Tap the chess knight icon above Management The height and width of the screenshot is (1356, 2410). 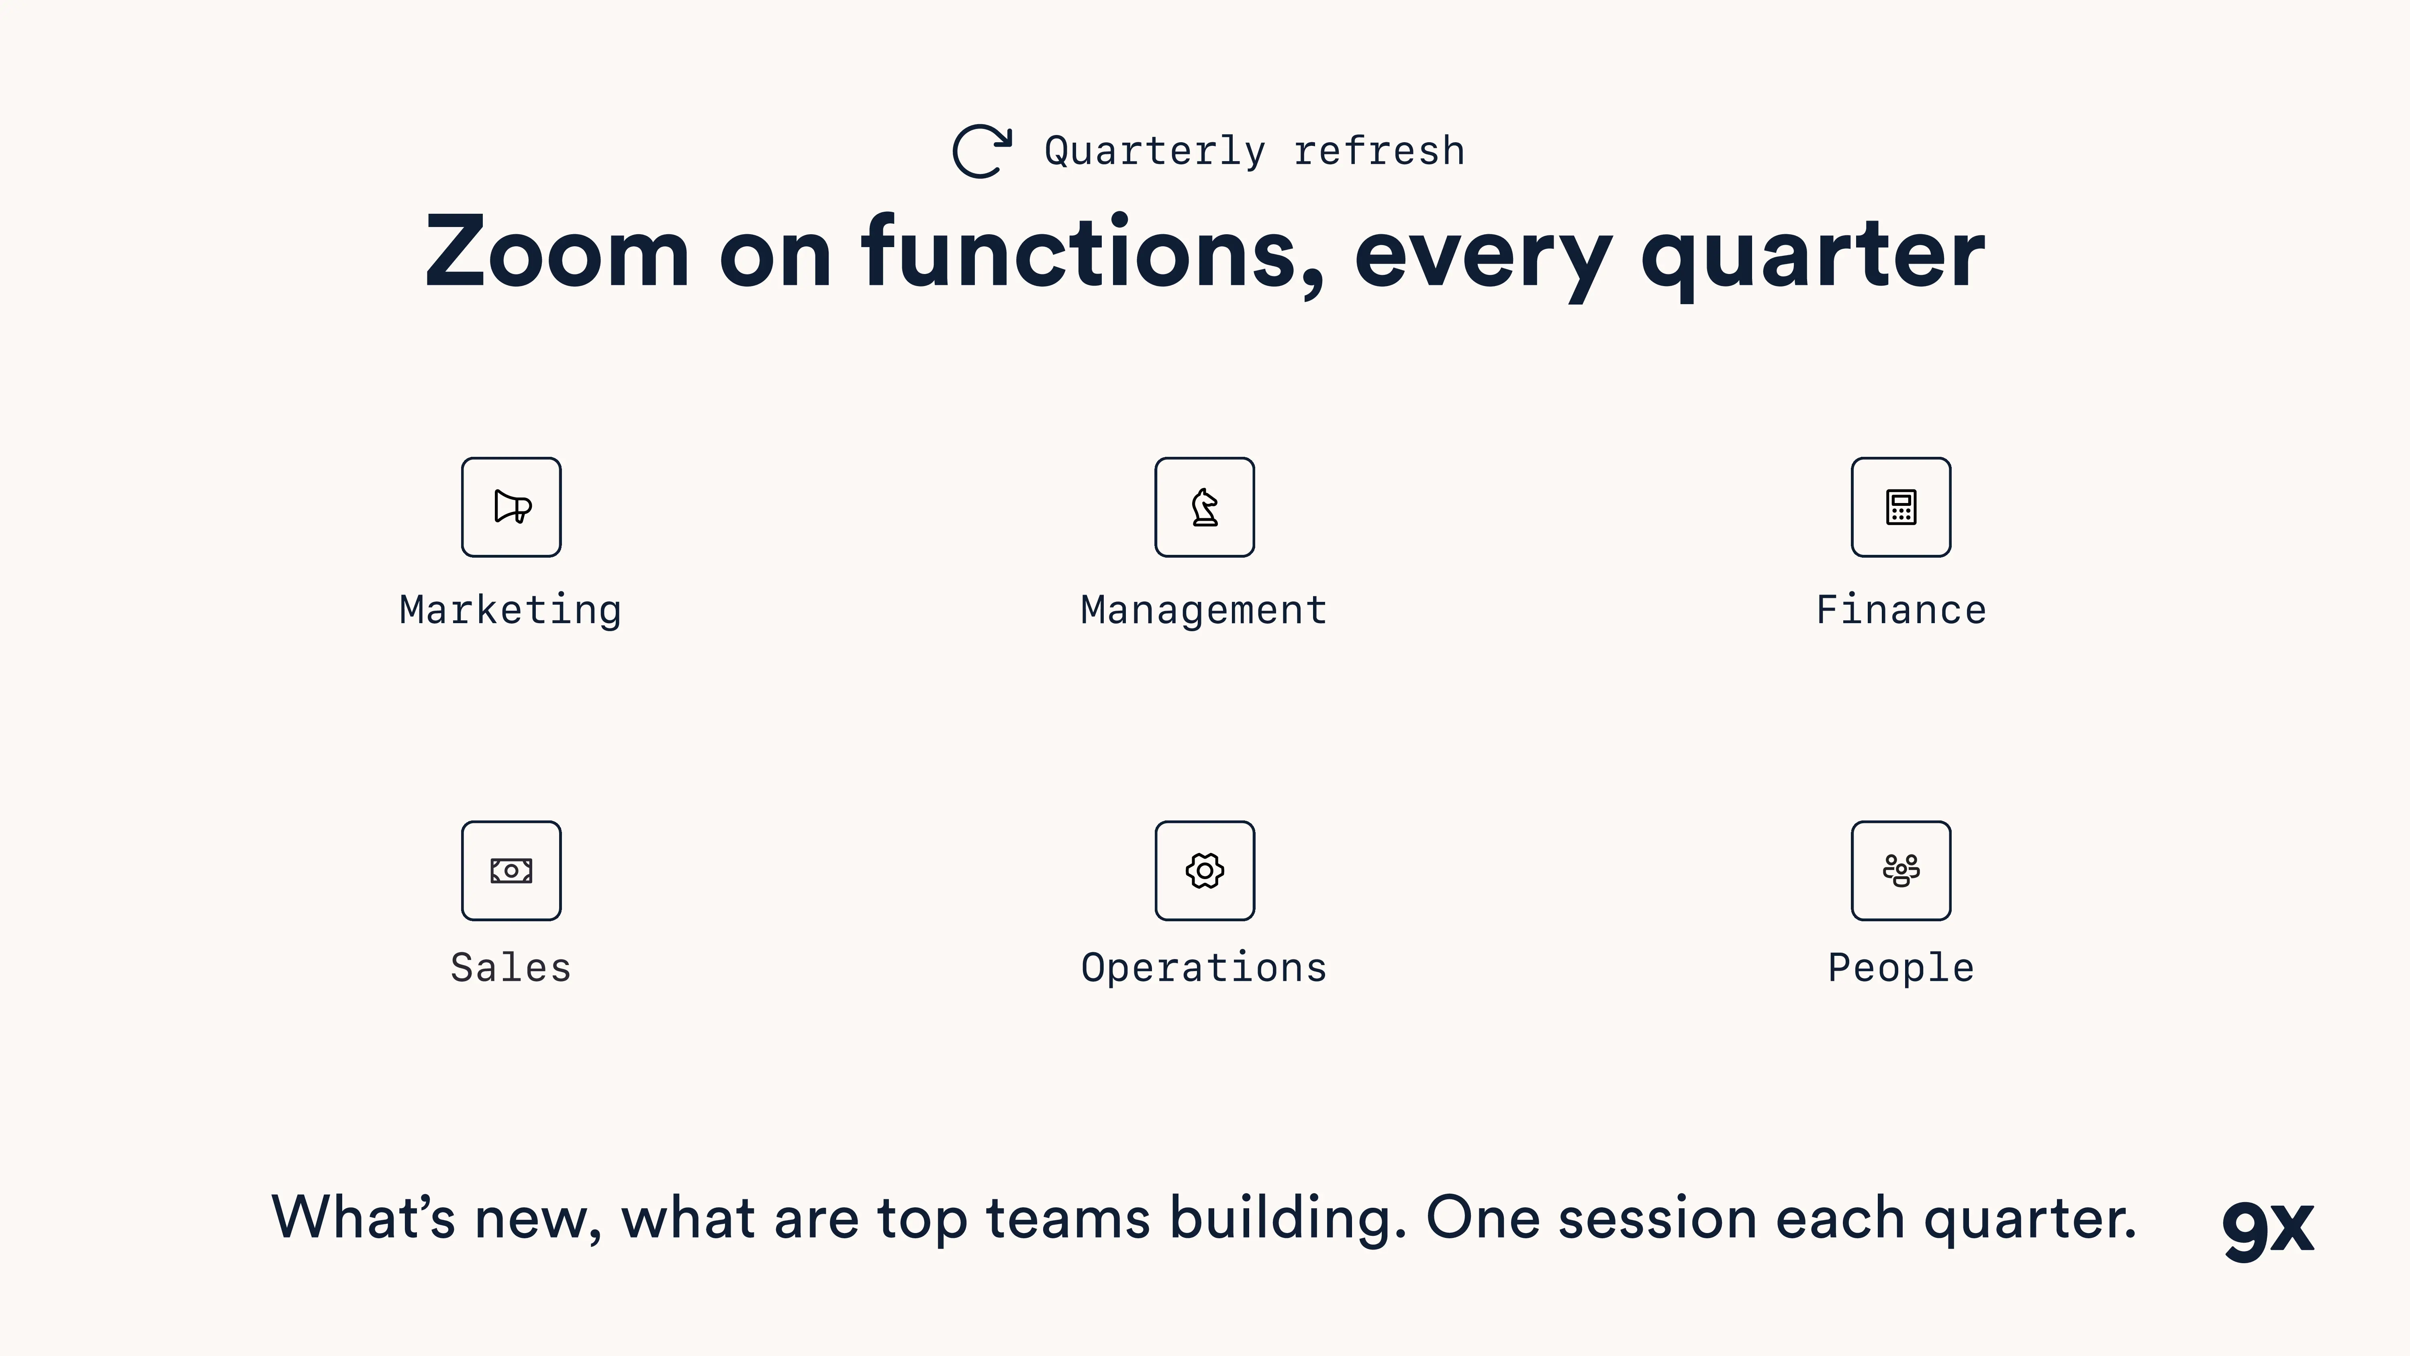click(x=1205, y=507)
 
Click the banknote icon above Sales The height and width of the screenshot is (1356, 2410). click(x=512, y=870)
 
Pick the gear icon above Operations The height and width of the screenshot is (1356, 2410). click(x=1205, y=870)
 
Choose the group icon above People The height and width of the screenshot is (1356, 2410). click(x=1901, y=870)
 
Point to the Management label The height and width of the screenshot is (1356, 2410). click(x=1204, y=610)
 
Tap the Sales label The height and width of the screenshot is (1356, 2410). click(x=511, y=967)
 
